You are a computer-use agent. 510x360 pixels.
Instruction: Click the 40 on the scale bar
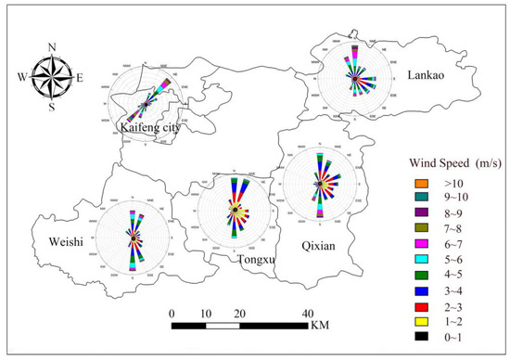click(306, 314)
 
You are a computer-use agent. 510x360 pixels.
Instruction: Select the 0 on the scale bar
click(172, 314)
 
